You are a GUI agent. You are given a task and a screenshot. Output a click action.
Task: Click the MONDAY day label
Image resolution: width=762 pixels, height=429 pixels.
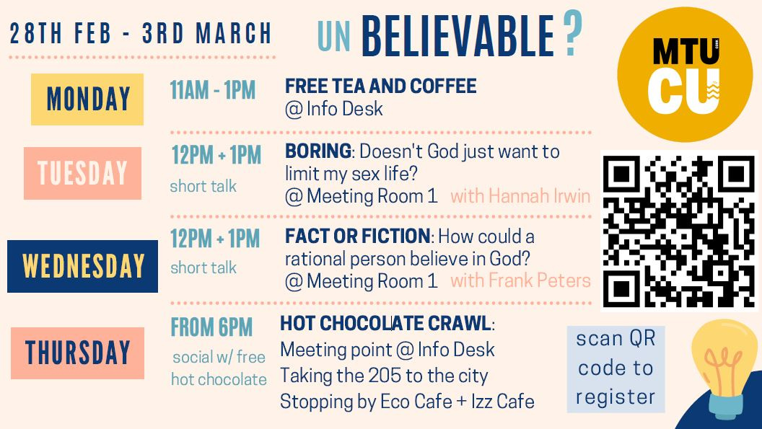tap(87, 99)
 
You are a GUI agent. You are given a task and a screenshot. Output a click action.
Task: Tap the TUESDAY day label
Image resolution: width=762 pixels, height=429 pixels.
tap(82, 174)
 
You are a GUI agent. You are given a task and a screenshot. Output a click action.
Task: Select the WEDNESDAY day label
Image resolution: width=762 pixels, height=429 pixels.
tap(82, 266)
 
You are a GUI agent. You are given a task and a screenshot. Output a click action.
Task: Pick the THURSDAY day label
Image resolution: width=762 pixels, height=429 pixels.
tap(78, 353)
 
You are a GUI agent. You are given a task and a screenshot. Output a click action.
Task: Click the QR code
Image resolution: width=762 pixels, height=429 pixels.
tap(679, 231)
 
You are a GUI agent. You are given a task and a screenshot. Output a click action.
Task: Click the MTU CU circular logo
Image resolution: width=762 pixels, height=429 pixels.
tap(685, 74)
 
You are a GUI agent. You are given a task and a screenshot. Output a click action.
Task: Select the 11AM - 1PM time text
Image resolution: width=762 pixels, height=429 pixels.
tap(213, 90)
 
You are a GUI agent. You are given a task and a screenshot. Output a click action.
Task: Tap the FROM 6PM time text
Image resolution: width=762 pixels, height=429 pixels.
tap(211, 327)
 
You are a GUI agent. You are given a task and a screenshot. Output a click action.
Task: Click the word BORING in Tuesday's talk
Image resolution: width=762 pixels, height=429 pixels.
tap(317, 151)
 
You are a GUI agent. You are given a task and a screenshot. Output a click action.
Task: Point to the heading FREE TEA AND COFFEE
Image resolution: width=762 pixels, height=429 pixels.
tap(380, 86)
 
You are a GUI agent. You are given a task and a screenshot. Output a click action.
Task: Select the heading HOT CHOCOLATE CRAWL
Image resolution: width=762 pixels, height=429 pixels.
tap(385, 324)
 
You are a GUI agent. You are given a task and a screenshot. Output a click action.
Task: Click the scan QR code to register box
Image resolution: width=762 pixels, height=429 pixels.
tap(616, 368)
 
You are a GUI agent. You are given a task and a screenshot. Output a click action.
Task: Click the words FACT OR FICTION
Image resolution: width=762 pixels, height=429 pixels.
tap(357, 236)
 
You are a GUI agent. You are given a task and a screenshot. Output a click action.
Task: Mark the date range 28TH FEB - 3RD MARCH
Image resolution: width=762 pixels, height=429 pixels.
tap(141, 33)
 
